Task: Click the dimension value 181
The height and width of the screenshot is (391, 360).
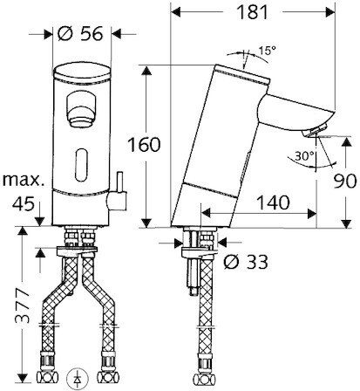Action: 252,12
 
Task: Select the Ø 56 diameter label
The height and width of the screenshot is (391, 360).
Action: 80,34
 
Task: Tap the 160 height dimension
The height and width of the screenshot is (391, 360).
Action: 145,145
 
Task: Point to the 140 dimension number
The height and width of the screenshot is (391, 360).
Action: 274,202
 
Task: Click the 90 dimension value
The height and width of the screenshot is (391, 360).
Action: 344,182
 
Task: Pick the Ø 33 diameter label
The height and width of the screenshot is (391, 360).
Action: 246,262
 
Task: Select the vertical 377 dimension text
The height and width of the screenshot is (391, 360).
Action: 23,305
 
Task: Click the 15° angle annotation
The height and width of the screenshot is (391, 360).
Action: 268,51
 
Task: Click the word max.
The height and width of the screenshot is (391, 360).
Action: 24,181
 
